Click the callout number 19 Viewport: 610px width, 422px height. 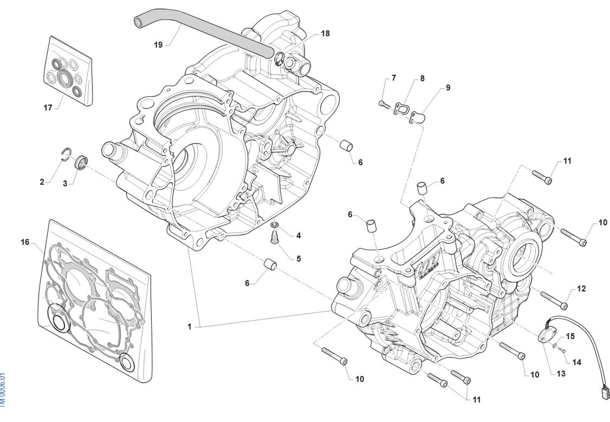(x=158, y=45)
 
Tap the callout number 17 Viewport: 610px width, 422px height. (x=48, y=107)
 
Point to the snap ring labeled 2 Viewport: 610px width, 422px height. (x=67, y=154)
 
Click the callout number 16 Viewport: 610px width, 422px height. (x=25, y=242)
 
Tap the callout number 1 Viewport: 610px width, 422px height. (x=189, y=327)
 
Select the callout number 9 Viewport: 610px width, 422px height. (x=448, y=87)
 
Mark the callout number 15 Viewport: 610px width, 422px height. (x=570, y=336)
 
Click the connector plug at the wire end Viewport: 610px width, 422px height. (x=605, y=394)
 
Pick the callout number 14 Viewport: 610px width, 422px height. (x=577, y=362)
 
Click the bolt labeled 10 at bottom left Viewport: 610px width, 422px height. (x=335, y=355)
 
